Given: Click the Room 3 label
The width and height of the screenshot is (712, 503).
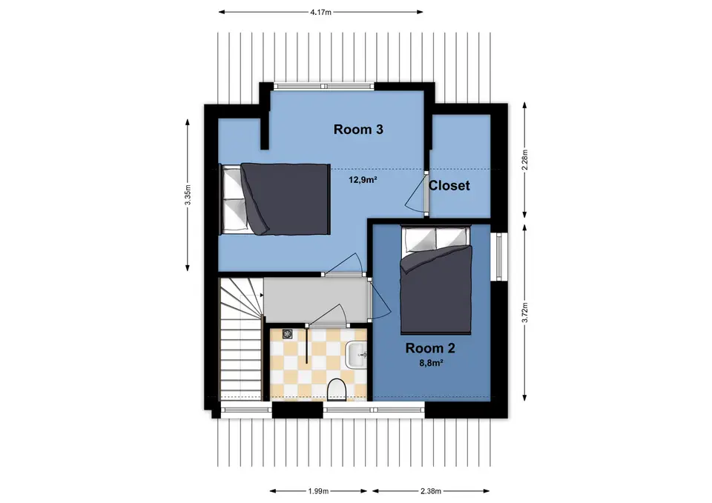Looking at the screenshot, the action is coord(358,129).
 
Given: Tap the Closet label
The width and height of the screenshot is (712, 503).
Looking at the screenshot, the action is coord(449,185).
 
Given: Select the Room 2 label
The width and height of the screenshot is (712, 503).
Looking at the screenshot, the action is coord(430,348).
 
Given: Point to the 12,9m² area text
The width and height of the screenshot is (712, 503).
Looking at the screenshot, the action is coord(363,179).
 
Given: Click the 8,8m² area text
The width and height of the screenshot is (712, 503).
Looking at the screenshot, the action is coord(431,363).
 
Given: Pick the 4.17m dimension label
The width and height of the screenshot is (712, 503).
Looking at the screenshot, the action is coord(320,13).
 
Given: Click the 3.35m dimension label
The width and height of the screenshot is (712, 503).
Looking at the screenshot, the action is coord(188,195).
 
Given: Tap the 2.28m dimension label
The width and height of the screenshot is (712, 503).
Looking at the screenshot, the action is coord(525,160).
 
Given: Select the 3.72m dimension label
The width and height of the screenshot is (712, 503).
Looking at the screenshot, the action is coord(525,313).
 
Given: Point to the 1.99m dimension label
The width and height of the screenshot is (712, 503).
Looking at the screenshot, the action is coord(318,490).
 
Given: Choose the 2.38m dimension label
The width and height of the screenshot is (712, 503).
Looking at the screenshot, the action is coord(430,490).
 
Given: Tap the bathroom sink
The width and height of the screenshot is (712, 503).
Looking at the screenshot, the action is coord(356,355).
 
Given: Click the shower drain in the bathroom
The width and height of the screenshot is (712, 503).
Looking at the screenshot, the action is coord(287,334).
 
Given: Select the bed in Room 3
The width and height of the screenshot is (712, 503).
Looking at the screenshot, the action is coord(274,199).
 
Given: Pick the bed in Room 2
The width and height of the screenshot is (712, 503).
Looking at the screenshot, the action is coord(436,280).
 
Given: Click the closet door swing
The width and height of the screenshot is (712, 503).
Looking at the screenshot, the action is coord(415,195).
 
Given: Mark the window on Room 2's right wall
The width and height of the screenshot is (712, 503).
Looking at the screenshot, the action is coord(499,256).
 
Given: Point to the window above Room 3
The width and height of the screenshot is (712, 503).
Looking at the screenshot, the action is coord(324,86).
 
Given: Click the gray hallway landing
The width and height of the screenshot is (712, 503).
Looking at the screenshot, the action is coord(316,300).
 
